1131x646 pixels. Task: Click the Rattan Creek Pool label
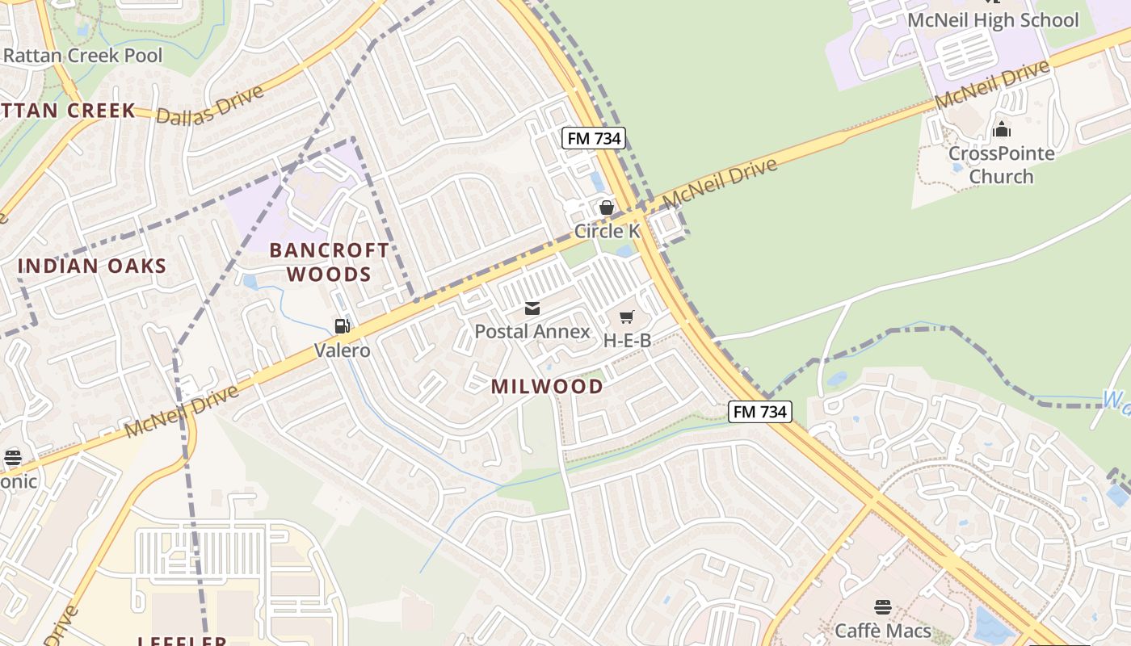click(x=82, y=56)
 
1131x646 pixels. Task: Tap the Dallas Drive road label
click(x=210, y=104)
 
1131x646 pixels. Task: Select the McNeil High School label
click(x=993, y=20)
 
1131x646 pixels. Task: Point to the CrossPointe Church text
click(x=1001, y=165)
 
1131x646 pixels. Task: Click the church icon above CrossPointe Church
click(x=1002, y=129)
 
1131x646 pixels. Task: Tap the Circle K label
click(x=607, y=231)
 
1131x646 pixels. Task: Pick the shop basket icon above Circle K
click(x=607, y=208)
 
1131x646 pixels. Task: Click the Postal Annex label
click(x=532, y=331)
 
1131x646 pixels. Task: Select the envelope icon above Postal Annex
click(x=532, y=308)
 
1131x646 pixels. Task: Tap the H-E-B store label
click(x=628, y=340)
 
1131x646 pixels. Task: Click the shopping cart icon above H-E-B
click(x=627, y=317)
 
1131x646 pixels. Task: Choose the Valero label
click(x=343, y=350)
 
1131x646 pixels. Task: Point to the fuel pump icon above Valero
click(x=343, y=326)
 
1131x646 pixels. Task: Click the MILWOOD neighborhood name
click(x=547, y=387)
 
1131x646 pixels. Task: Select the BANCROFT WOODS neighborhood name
click(x=329, y=262)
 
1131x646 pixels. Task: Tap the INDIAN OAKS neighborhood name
click(x=92, y=266)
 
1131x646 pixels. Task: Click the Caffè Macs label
click(x=883, y=630)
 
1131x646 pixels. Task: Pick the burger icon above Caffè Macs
click(x=883, y=606)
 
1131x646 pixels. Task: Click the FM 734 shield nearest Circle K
click(x=594, y=138)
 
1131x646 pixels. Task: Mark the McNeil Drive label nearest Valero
click(x=183, y=411)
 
